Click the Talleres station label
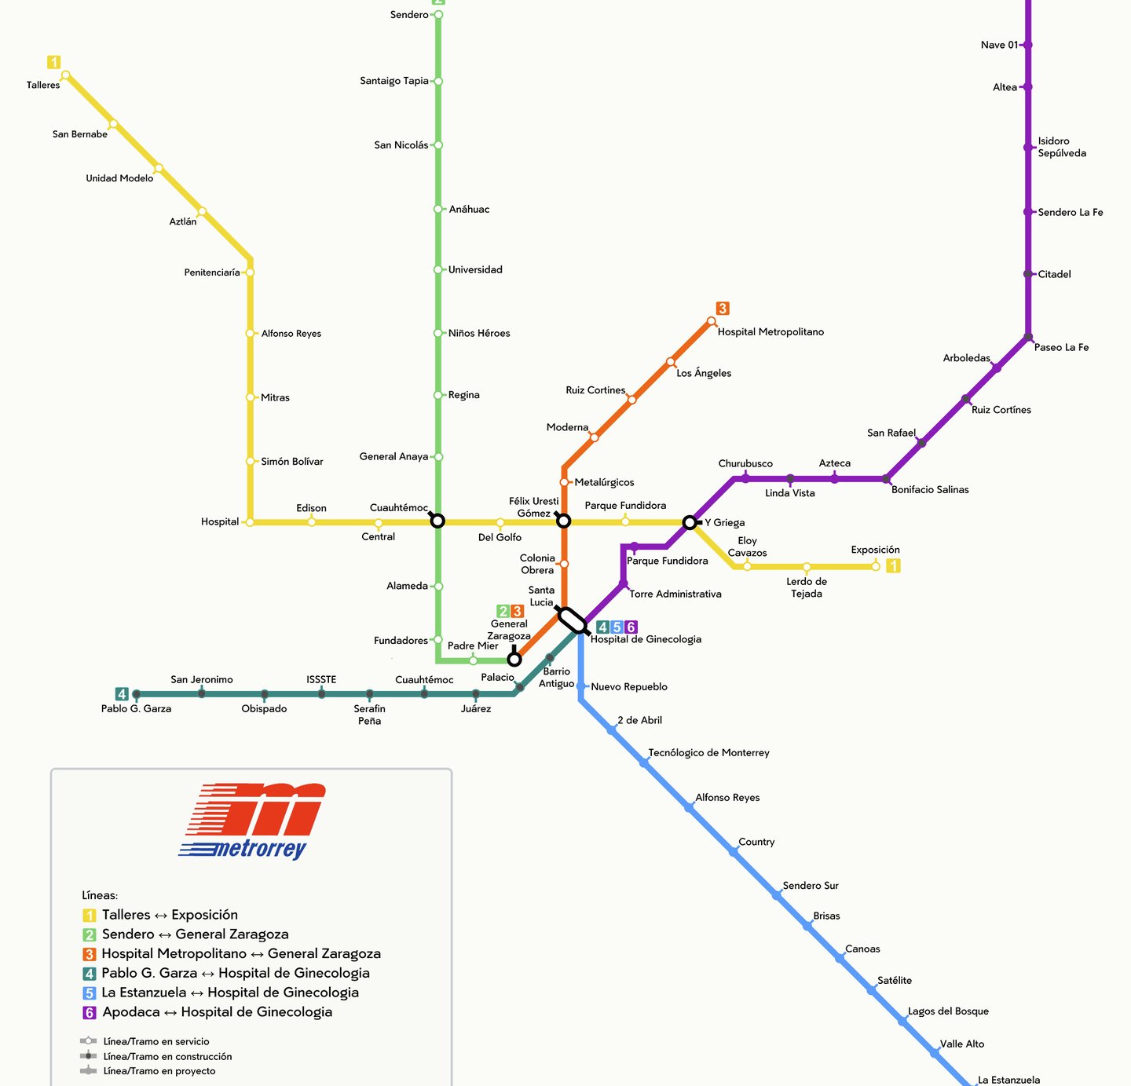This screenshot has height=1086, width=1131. pos(43,85)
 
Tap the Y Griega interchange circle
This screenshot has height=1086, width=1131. pos(690,522)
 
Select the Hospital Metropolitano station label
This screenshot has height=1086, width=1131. pos(770,332)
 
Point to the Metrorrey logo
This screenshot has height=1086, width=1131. pos(253,821)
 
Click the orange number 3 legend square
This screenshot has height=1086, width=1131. pos(90,954)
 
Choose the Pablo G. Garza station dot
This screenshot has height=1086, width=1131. pos(137,694)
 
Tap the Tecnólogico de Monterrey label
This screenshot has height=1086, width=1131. pos(708,753)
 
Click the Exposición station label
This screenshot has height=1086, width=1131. pos(875,550)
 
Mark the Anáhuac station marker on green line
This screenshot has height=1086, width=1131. pos(438,209)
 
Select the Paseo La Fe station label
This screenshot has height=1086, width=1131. pos(1061,347)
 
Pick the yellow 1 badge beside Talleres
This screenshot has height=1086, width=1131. pos(53,62)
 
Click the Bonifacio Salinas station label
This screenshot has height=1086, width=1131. pos(930,490)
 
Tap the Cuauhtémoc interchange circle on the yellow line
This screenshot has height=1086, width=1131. pos(437,521)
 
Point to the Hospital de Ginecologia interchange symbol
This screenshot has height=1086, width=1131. pos(573,620)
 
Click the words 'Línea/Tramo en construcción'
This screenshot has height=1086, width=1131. pos(167,1057)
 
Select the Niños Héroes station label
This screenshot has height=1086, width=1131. pos(479,333)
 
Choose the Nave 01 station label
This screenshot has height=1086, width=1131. pos(999,45)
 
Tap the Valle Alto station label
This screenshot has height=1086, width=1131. pos(961,1044)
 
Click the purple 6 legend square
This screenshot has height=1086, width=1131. pos(90,1013)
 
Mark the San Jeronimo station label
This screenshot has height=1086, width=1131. pos(202,680)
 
